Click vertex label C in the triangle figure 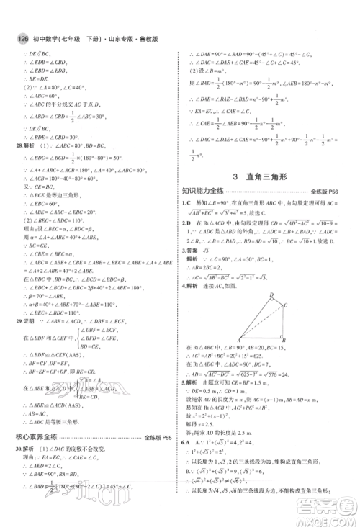(x=286, y=304)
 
